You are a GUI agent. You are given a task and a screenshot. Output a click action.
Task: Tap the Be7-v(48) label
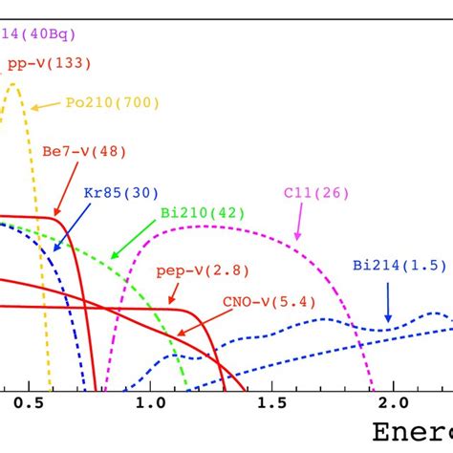pos(84,151)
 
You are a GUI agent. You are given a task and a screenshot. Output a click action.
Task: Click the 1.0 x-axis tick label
pos(148,404)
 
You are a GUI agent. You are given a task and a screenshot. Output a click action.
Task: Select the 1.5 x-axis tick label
pos(270,404)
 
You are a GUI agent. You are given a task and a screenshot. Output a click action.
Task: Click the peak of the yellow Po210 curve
pos(13,84)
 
